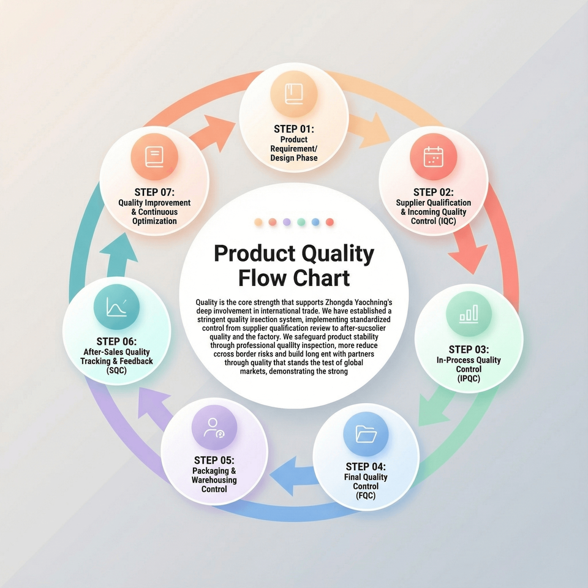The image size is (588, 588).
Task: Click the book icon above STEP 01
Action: click(293, 94)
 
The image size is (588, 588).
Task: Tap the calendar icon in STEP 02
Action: click(433, 157)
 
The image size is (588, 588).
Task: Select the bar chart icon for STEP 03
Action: click(469, 314)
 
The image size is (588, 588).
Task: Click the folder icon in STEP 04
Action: click(366, 434)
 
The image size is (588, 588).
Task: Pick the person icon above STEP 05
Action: click(214, 428)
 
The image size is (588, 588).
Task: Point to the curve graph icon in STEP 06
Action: click(116, 307)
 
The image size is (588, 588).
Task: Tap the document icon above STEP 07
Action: click(154, 157)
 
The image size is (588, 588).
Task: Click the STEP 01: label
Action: click(293, 129)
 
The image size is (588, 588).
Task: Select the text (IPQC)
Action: click(469, 379)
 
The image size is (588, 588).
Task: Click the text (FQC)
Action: click(366, 496)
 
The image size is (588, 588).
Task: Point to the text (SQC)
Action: click(116, 371)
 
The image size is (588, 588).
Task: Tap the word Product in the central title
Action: click(255, 254)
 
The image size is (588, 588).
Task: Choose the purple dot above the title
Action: click(287, 222)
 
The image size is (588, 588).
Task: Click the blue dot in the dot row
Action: click(315, 222)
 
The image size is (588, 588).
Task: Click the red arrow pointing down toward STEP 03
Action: click(467, 247)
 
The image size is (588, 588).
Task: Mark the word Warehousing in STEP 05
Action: click(214, 480)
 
